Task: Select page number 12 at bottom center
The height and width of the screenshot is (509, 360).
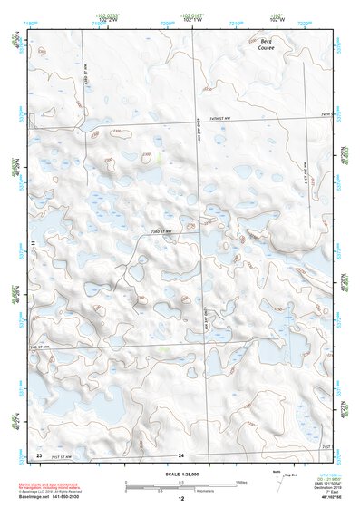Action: (x=180, y=499)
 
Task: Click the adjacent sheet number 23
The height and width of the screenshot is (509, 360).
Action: (x=39, y=454)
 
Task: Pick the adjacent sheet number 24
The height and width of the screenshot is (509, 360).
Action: (x=181, y=454)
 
